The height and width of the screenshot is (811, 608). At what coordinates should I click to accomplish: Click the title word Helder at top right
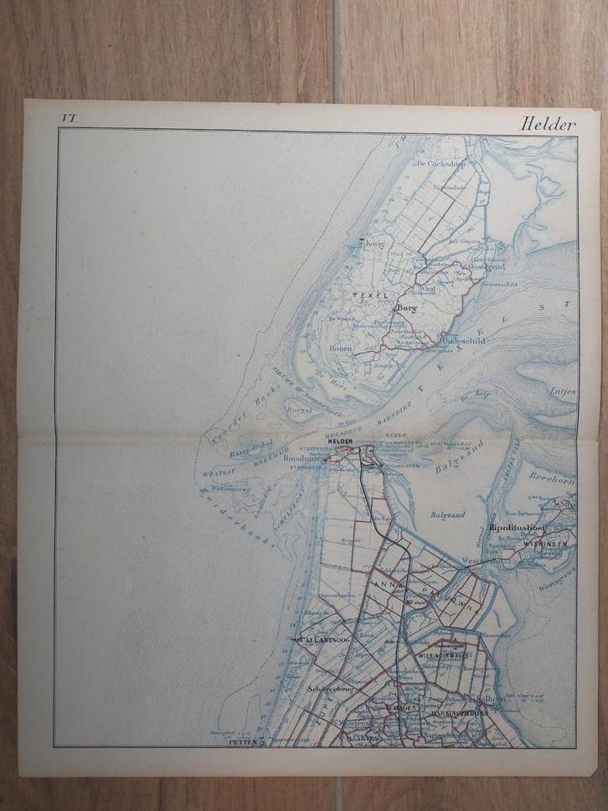click(x=549, y=123)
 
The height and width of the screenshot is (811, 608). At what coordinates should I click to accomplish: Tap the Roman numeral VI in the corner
click(x=67, y=119)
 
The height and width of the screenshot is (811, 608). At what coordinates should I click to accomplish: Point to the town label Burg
click(x=405, y=309)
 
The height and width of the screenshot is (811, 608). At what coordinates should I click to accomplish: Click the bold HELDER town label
click(x=342, y=442)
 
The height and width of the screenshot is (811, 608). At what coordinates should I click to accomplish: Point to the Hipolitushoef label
click(x=518, y=528)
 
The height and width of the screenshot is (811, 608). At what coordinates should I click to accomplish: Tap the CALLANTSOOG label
click(x=322, y=639)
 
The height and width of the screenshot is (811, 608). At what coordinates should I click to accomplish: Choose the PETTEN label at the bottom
click(x=242, y=741)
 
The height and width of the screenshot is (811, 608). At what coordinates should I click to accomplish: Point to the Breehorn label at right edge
click(x=550, y=477)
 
